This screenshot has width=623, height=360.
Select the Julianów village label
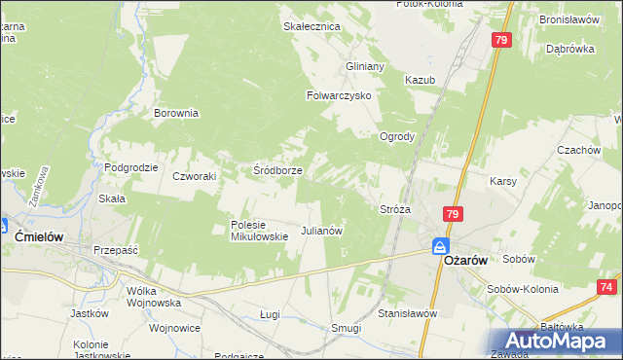pos(322,232)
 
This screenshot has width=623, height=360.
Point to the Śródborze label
pos(277,170)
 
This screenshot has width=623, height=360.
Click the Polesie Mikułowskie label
pos(258,230)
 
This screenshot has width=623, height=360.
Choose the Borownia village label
pos(176,113)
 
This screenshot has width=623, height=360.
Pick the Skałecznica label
pos(311,27)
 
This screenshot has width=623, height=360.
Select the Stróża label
pos(395,209)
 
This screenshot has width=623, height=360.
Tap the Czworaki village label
pos(194,176)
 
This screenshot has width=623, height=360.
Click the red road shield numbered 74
pos(606,287)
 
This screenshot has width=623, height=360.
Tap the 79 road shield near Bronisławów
pos(501,40)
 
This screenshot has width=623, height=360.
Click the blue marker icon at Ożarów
pos(440,248)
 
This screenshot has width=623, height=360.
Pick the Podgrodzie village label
pos(131,167)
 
